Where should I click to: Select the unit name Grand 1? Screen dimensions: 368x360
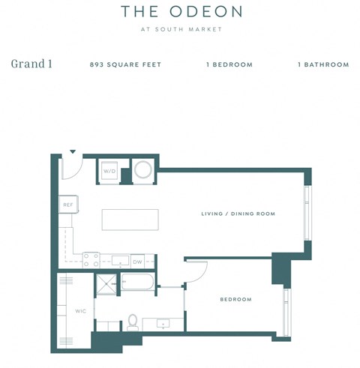tap(31, 64)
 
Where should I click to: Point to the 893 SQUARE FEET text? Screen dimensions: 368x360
tap(125, 64)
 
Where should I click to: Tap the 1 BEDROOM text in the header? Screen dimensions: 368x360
tap(229, 64)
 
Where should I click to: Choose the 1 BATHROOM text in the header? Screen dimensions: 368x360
tap(323, 64)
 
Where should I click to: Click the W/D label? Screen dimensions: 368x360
tap(109, 171)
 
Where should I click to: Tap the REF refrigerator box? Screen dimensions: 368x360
tap(67, 204)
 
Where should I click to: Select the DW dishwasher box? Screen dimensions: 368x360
tap(138, 262)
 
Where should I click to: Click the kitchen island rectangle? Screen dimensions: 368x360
tap(130, 220)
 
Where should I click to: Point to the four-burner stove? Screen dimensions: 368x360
tap(91, 260)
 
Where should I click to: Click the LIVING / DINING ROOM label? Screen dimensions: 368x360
tap(238, 214)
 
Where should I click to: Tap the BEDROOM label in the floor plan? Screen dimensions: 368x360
tap(235, 300)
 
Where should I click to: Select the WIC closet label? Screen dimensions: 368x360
tap(79, 310)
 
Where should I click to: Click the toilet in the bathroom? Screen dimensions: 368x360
tap(133, 321)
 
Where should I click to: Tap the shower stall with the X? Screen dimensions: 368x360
tap(106, 284)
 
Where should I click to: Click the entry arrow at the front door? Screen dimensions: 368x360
tap(72, 152)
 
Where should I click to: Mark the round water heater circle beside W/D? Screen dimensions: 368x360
tap(142, 170)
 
